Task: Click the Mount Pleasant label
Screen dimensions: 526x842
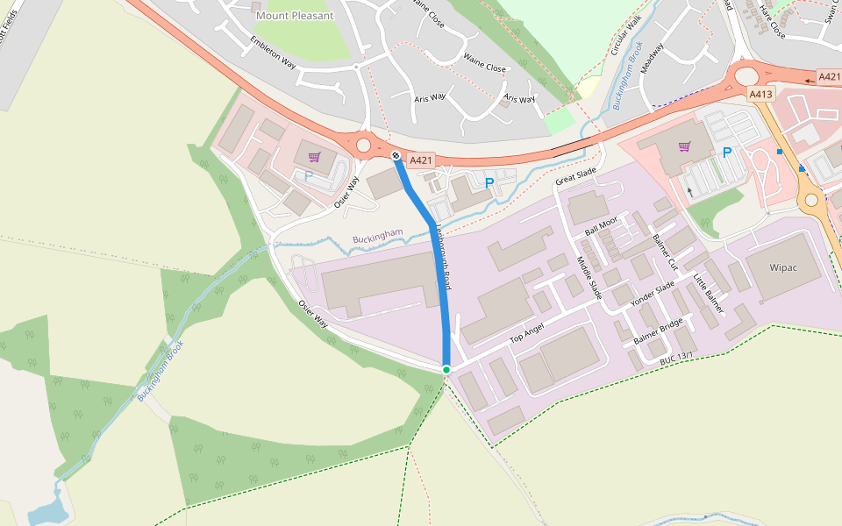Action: (294, 16)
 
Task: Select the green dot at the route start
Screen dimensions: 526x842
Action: (446, 370)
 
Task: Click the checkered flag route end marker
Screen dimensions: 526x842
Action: (396, 155)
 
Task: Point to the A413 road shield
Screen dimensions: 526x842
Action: (760, 93)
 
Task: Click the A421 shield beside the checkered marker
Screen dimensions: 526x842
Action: (422, 160)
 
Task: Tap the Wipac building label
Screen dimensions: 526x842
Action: (783, 267)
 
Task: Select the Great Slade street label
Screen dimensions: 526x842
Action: (576, 175)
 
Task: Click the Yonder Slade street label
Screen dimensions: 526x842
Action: (653, 295)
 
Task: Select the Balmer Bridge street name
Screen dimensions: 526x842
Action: (658, 331)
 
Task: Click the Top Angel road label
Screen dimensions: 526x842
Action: (527, 332)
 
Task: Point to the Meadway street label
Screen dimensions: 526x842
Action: (653, 59)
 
